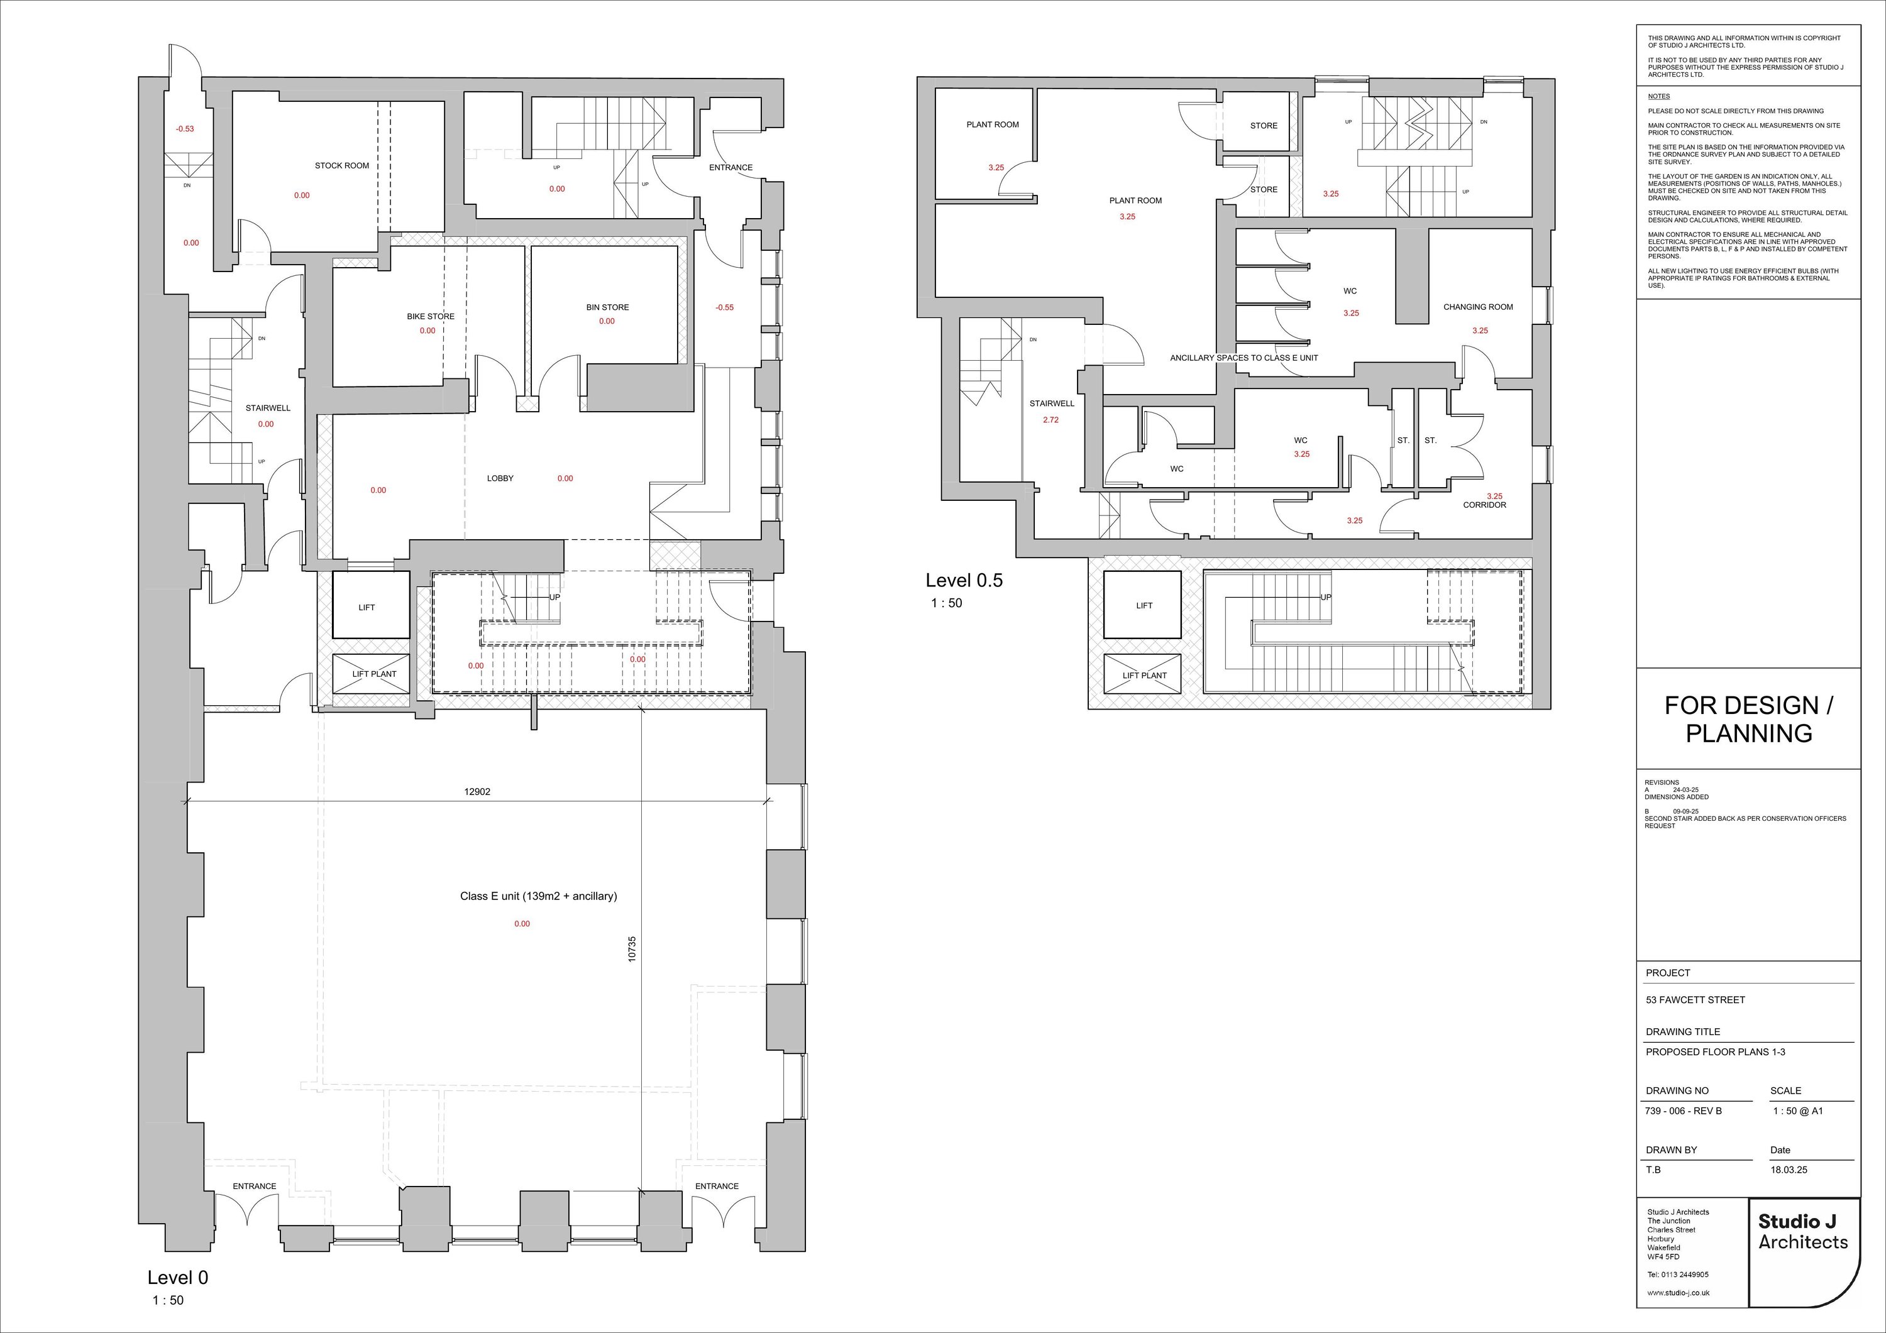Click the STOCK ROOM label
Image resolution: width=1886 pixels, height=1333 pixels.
pos(342,166)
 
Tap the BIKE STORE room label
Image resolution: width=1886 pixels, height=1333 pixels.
pos(431,316)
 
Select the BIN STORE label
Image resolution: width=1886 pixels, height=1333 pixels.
pos(608,307)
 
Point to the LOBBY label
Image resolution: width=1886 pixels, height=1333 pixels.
pos(500,478)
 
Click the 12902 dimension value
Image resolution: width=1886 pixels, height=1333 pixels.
pos(477,793)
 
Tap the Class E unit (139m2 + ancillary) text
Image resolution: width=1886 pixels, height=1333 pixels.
pos(538,896)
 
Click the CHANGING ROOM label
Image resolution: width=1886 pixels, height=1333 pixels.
pos(1478,307)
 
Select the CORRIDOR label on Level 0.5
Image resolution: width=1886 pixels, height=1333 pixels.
pos(1484,505)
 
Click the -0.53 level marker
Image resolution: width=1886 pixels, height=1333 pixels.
pos(185,129)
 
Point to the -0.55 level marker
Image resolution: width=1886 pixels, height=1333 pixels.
pos(724,308)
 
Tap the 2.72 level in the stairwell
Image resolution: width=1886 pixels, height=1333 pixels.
pos(1051,420)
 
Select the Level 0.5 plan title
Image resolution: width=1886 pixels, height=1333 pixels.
pos(964,580)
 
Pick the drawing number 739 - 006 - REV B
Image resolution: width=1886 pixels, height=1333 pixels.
pos(1684,1111)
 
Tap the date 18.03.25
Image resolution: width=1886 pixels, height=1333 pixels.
pos(1789,1170)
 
